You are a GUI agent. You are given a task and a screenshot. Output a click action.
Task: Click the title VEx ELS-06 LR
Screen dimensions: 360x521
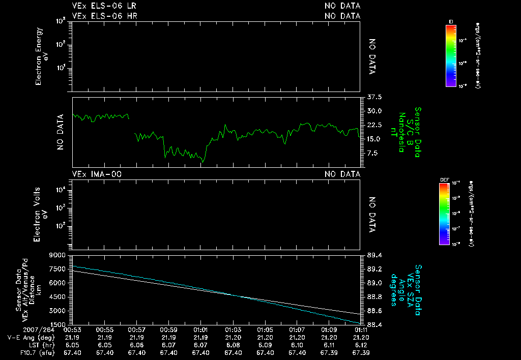click(104, 6)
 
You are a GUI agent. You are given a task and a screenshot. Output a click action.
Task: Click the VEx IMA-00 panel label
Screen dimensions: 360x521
click(97, 174)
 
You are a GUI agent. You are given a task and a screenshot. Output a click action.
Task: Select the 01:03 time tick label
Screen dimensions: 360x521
click(233, 330)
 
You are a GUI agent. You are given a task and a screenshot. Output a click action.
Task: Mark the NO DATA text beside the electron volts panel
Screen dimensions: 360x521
click(372, 215)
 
